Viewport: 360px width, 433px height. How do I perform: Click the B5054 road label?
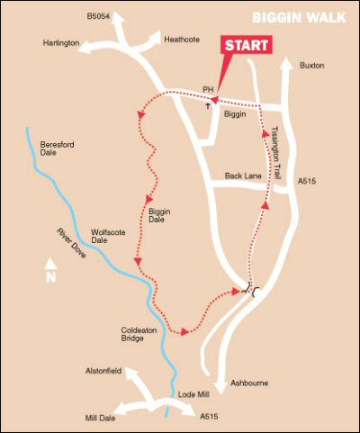[x=99, y=16]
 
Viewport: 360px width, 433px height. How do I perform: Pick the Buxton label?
[x=311, y=66]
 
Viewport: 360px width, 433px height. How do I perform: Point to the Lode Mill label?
[x=193, y=395]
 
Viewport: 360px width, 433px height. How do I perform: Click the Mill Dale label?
[x=103, y=419]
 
